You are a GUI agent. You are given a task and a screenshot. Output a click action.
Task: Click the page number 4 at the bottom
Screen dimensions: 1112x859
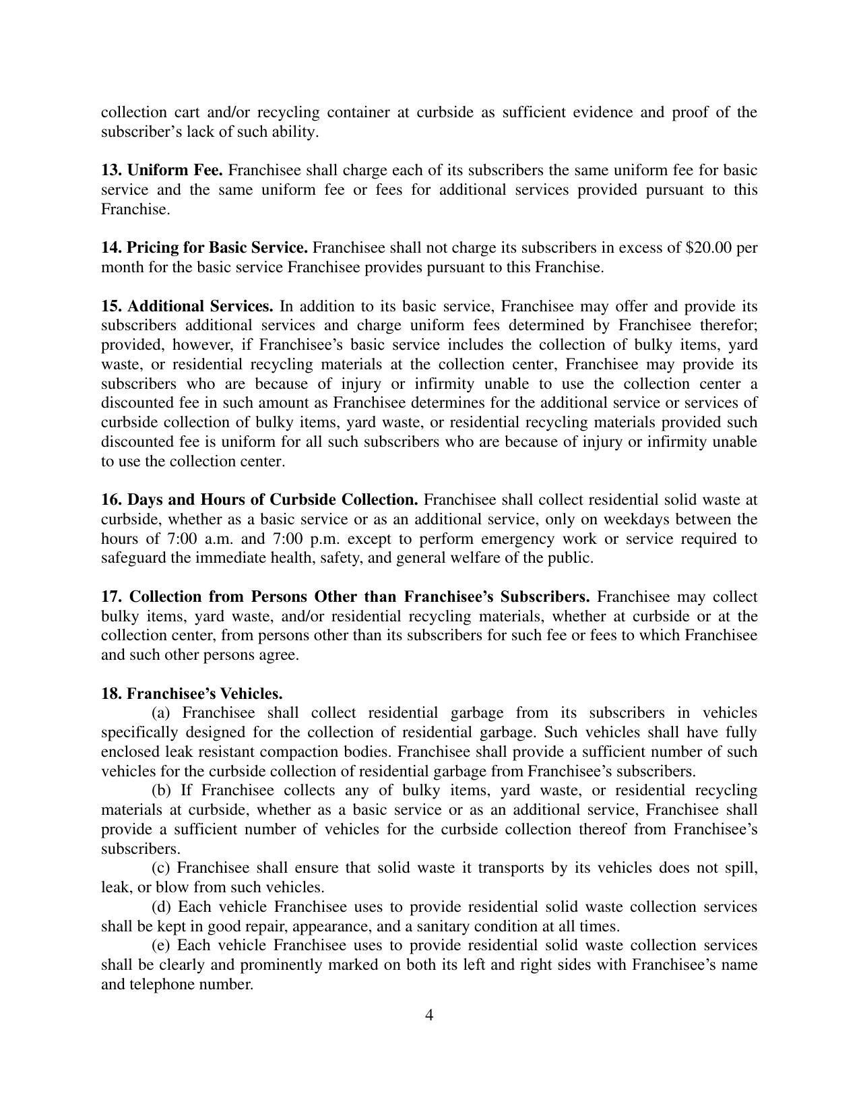click(x=429, y=1015)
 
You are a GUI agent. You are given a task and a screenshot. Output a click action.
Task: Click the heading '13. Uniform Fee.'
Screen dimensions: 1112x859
click(x=162, y=170)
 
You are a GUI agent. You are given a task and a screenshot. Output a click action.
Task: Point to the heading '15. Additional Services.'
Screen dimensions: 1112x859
click(x=187, y=306)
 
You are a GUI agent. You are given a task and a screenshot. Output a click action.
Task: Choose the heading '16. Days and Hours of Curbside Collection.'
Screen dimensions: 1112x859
click(x=259, y=500)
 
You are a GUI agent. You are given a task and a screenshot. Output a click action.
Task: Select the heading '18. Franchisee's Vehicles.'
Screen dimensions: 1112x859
click(x=192, y=693)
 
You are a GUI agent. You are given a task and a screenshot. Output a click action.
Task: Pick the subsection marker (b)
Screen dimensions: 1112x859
click(x=161, y=791)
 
